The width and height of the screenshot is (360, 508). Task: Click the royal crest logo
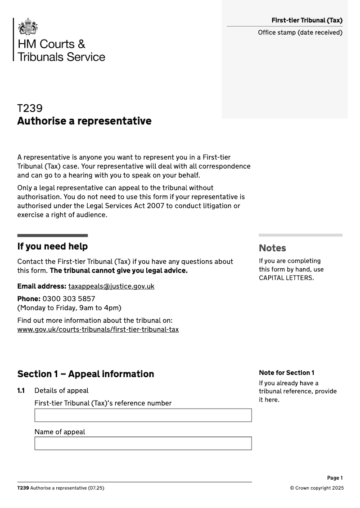(28, 27)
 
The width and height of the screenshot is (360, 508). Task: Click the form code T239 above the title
(30, 108)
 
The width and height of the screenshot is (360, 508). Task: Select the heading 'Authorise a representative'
(84, 121)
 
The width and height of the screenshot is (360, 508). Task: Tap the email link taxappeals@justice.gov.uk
(111, 286)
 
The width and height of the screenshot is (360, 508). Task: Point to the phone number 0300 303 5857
(69, 299)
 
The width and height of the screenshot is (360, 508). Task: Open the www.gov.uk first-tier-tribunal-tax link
(98, 330)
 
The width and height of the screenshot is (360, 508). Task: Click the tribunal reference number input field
(143, 415)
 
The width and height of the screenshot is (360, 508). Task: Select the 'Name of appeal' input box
(143, 443)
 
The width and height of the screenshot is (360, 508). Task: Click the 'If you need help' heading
(52, 246)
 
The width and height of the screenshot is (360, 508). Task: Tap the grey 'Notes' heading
(272, 248)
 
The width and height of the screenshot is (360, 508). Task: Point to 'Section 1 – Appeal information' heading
(85, 374)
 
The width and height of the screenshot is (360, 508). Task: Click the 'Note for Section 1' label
(286, 373)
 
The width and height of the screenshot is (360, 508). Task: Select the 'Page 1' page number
(335, 478)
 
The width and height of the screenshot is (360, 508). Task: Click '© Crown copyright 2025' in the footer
(316, 488)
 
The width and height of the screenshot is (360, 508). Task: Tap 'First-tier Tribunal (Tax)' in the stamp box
(307, 20)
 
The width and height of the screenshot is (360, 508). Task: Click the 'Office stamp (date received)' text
(300, 32)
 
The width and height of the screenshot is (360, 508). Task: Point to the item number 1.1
(21, 391)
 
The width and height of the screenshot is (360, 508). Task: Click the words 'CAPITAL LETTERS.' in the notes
(286, 278)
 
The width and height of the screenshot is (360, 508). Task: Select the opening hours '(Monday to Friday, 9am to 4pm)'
(69, 308)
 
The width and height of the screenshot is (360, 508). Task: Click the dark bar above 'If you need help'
(52, 235)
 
